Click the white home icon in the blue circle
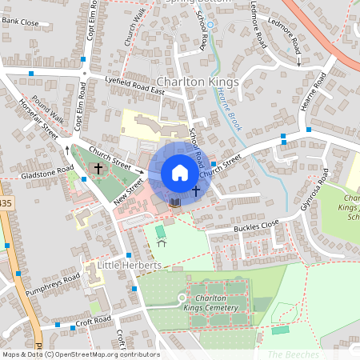pos(179,173)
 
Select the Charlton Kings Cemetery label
pos(211,302)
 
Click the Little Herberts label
pos(130,265)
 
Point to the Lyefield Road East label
pos(134,86)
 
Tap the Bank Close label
pos(20,23)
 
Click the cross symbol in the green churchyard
pos(98,168)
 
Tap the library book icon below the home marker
pos(175,202)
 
